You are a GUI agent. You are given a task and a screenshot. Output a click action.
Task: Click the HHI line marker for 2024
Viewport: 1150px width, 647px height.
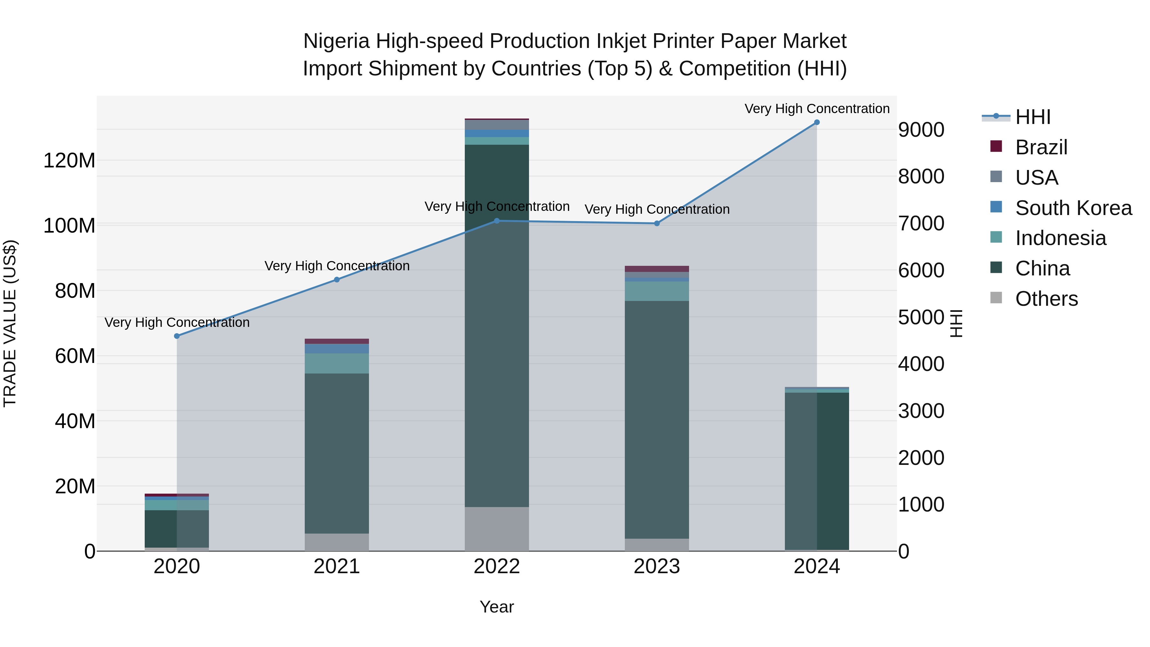click(816, 122)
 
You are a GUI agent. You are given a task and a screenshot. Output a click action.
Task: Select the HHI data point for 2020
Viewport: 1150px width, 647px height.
click(177, 336)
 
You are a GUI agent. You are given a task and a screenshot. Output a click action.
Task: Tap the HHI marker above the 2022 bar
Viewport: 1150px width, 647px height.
click(497, 220)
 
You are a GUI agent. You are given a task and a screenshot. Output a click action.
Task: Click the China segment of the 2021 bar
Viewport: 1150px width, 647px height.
click(337, 453)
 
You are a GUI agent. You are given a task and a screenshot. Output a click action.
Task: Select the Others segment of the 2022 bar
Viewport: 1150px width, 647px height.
click(496, 529)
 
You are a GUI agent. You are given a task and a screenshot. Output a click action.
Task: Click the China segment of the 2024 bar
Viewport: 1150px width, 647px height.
click(816, 471)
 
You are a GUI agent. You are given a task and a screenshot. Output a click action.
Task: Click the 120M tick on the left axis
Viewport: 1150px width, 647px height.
click(69, 160)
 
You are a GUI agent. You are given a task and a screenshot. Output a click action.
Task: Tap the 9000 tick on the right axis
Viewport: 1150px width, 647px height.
click(921, 130)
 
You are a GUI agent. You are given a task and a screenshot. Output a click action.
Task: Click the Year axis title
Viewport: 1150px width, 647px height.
click(496, 607)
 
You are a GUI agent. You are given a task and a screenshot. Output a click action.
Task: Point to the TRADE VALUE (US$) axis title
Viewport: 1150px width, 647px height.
click(10, 323)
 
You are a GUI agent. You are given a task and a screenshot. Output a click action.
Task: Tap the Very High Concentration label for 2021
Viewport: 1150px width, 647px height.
click(337, 266)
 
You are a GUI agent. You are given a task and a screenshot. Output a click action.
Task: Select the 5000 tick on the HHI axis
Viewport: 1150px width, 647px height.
click(921, 318)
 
